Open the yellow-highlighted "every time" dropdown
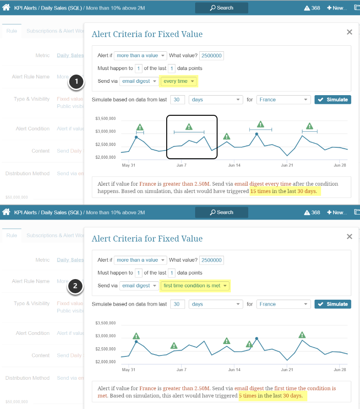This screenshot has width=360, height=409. click(x=179, y=81)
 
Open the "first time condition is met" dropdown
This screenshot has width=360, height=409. click(x=195, y=286)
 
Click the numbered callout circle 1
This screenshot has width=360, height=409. click(x=76, y=82)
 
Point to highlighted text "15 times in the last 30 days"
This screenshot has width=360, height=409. click(x=284, y=191)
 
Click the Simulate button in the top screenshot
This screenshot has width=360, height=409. click(x=333, y=99)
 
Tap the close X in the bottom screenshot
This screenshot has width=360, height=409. click(x=349, y=237)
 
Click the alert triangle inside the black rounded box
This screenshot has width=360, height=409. click(x=189, y=127)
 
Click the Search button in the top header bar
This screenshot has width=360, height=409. click(x=222, y=8)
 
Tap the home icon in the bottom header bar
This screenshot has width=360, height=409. click(x=6, y=212)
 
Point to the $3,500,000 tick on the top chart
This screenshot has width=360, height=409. click(x=105, y=118)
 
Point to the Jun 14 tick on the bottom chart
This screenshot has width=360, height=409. click(x=235, y=370)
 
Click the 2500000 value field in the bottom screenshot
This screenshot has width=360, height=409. click(x=212, y=260)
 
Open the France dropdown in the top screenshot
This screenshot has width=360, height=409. click(x=284, y=99)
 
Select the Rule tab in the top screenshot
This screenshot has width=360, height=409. click(x=11, y=31)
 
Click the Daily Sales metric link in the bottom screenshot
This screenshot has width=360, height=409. click(x=70, y=260)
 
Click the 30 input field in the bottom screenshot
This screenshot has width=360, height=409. click(x=177, y=304)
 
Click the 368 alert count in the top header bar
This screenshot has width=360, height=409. click(x=312, y=8)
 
